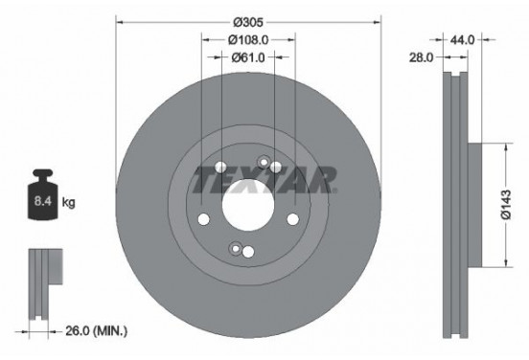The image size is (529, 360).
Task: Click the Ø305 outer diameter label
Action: click(248, 22)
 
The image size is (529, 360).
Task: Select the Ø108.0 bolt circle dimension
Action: click(248, 40)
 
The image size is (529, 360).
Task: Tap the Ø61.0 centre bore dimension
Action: click(248, 57)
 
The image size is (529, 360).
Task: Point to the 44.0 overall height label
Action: click(462, 40)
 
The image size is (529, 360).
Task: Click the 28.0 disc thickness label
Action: click(421, 57)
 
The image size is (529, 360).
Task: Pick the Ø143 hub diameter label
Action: click(506, 205)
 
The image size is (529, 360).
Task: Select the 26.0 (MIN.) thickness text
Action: click(96, 331)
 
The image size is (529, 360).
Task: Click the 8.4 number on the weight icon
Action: click(43, 202)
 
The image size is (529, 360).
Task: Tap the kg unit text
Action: click(68, 203)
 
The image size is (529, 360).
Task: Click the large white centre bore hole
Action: click(248, 205)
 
